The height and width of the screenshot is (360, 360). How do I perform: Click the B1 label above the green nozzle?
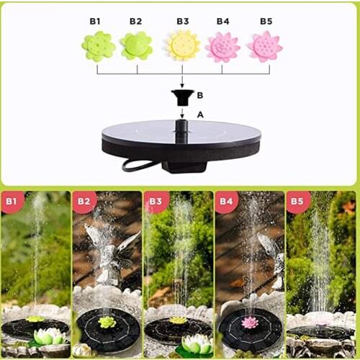point(95,21)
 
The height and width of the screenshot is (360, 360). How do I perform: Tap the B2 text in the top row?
point(136,21)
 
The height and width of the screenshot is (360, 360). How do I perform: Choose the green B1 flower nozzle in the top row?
point(99,47)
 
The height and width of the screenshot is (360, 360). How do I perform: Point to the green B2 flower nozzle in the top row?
point(136,46)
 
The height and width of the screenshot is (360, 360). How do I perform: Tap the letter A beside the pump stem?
point(200,114)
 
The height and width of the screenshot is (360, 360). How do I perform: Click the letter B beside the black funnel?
point(200,94)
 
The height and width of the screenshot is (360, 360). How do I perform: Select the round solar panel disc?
point(181,137)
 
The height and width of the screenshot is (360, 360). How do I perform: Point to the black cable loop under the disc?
point(138,165)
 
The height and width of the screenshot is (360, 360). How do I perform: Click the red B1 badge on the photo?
point(12,202)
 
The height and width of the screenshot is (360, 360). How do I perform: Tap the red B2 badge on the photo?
point(83,202)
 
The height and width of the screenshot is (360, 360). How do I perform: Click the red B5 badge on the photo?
point(297,202)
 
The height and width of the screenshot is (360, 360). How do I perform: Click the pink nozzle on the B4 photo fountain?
point(250,322)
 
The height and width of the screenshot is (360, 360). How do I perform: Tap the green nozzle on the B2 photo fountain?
point(107,322)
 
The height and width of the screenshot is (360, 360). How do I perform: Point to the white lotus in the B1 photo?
point(48,336)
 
